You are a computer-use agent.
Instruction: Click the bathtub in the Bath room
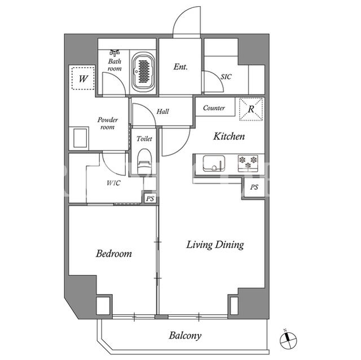pyautogui.click(x=144, y=71)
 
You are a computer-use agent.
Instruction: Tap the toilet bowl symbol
pyautogui.click(x=145, y=162)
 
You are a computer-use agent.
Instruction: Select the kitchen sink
pyautogui.click(x=214, y=163)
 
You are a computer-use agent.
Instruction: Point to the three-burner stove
pyautogui.click(x=248, y=163)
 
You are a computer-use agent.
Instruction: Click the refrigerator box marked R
pyautogui.click(x=251, y=109)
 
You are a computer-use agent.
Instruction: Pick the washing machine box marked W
pyautogui.click(x=83, y=78)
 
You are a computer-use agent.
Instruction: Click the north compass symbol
pyautogui.click(x=288, y=340)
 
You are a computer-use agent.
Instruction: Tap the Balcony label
pyautogui.click(x=185, y=335)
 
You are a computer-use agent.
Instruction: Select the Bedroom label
pyautogui.click(x=114, y=254)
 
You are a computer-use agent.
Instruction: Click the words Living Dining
pyautogui.click(x=215, y=245)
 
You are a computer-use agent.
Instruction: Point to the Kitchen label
pyautogui.click(x=229, y=136)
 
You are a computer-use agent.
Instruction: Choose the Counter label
pyautogui.click(x=214, y=108)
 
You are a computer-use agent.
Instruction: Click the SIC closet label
pyautogui.click(x=226, y=77)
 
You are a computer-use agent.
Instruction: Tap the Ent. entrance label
pyautogui.click(x=180, y=66)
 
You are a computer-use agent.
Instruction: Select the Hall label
pyautogui.click(x=163, y=112)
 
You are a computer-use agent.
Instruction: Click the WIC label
pyautogui.click(x=113, y=183)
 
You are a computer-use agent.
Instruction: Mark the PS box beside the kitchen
pyautogui.click(x=254, y=187)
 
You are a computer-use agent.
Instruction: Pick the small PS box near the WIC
pyautogui.click(x=150, y=198)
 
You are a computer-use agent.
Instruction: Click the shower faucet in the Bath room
pyautogui.click(x=115, y=52)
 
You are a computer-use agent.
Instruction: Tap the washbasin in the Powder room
pyautogui.click(x=81, y=138)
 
